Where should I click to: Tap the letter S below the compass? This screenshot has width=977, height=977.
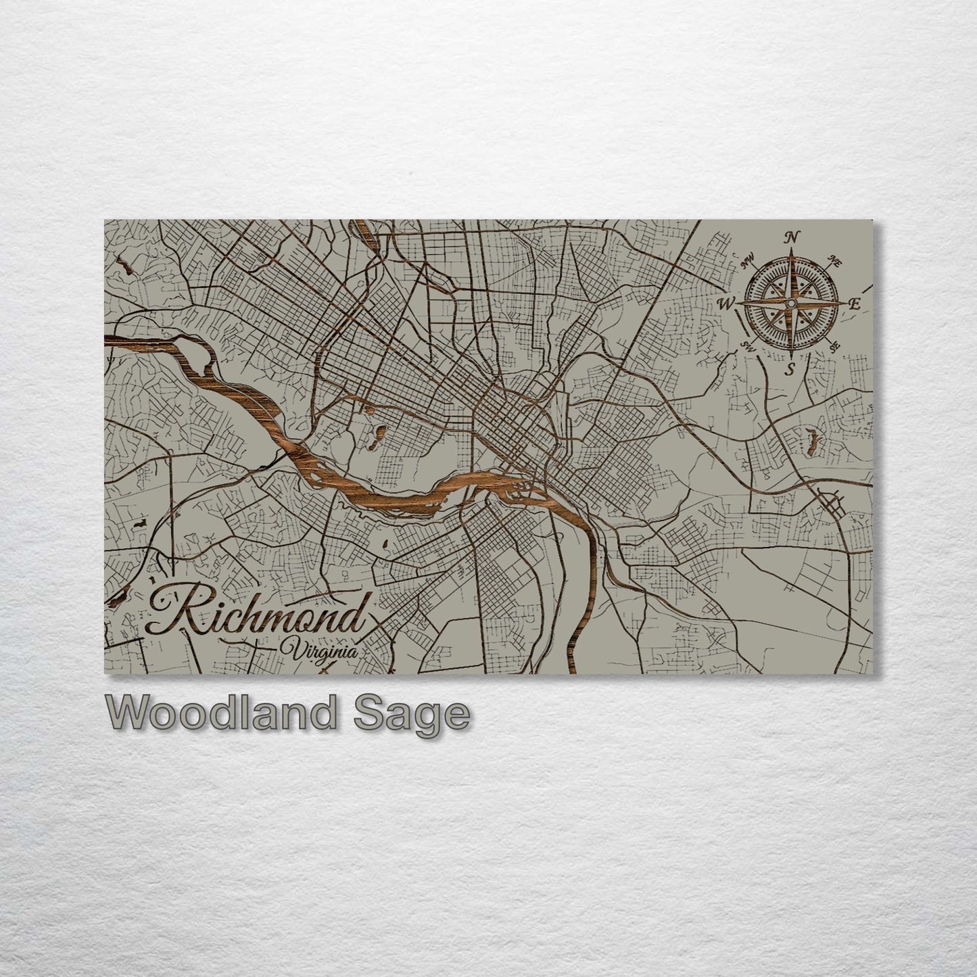click(x=789, y=368)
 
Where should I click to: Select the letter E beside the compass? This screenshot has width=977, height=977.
click(x=853, y=304)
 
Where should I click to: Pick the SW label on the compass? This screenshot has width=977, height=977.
click(x=748, y=347)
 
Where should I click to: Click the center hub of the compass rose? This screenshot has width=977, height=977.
click(x=788, y=304)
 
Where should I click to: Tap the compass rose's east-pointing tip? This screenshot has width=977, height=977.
click(x=842, y=304)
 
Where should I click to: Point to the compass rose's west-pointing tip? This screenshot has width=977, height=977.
click(x=737, y=304)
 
